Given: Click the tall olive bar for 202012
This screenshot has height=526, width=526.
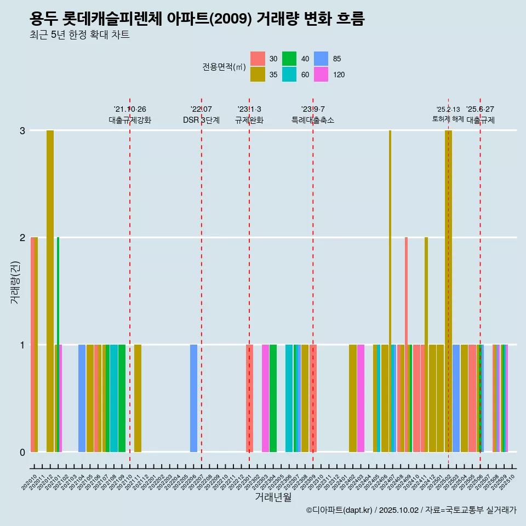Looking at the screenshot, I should pyautogui.click(x=50, y=290).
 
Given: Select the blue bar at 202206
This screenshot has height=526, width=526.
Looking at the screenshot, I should pyautogui.click(x=193, y=398).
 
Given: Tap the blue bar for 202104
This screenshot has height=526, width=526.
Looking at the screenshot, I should pyautogui.click(x=82, y=398).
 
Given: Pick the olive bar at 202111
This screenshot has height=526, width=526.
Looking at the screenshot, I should pyautogui.click(x=138, y=398).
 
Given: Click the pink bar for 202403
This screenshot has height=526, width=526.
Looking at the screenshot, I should pyautogui.click(x=361, y=398).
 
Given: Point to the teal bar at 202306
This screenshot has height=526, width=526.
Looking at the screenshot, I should pyautogui.click(x=289, y=398).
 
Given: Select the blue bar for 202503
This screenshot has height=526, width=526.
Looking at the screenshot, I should pyautogui.click(x=456, y=398).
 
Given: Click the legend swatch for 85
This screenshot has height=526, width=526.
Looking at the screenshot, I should pyautogui.click(x=321, y=59).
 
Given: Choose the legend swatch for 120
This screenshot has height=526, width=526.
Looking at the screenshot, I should pyautogui.click(x=321, y=75).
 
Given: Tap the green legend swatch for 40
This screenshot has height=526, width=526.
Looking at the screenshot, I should pyautogui.click(x=289, y=59).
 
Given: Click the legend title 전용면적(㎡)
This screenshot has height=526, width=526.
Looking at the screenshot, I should pyautogui.click(x=224, y=67).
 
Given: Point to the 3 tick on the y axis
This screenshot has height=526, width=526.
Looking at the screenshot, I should pyautogui.click(x=22, y=130).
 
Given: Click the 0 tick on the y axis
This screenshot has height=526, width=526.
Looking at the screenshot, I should pyautogui.click(x=22, y=452).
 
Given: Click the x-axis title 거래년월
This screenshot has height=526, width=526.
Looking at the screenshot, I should pyautogui.click(x=273, y=497).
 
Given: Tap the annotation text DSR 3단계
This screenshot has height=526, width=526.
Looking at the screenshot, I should pyautogui.click(x=201, y=120).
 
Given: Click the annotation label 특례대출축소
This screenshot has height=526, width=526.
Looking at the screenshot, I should pyautogui.click(x=313, y=120).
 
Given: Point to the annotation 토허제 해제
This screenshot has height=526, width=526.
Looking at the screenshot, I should pyautogui.click(x=448, y=119).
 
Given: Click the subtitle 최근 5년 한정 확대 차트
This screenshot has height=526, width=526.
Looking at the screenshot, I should pyautogui.click(x=79, y=35).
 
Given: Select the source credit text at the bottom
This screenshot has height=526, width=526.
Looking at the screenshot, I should pyautogui.click(x=411, y=510).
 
